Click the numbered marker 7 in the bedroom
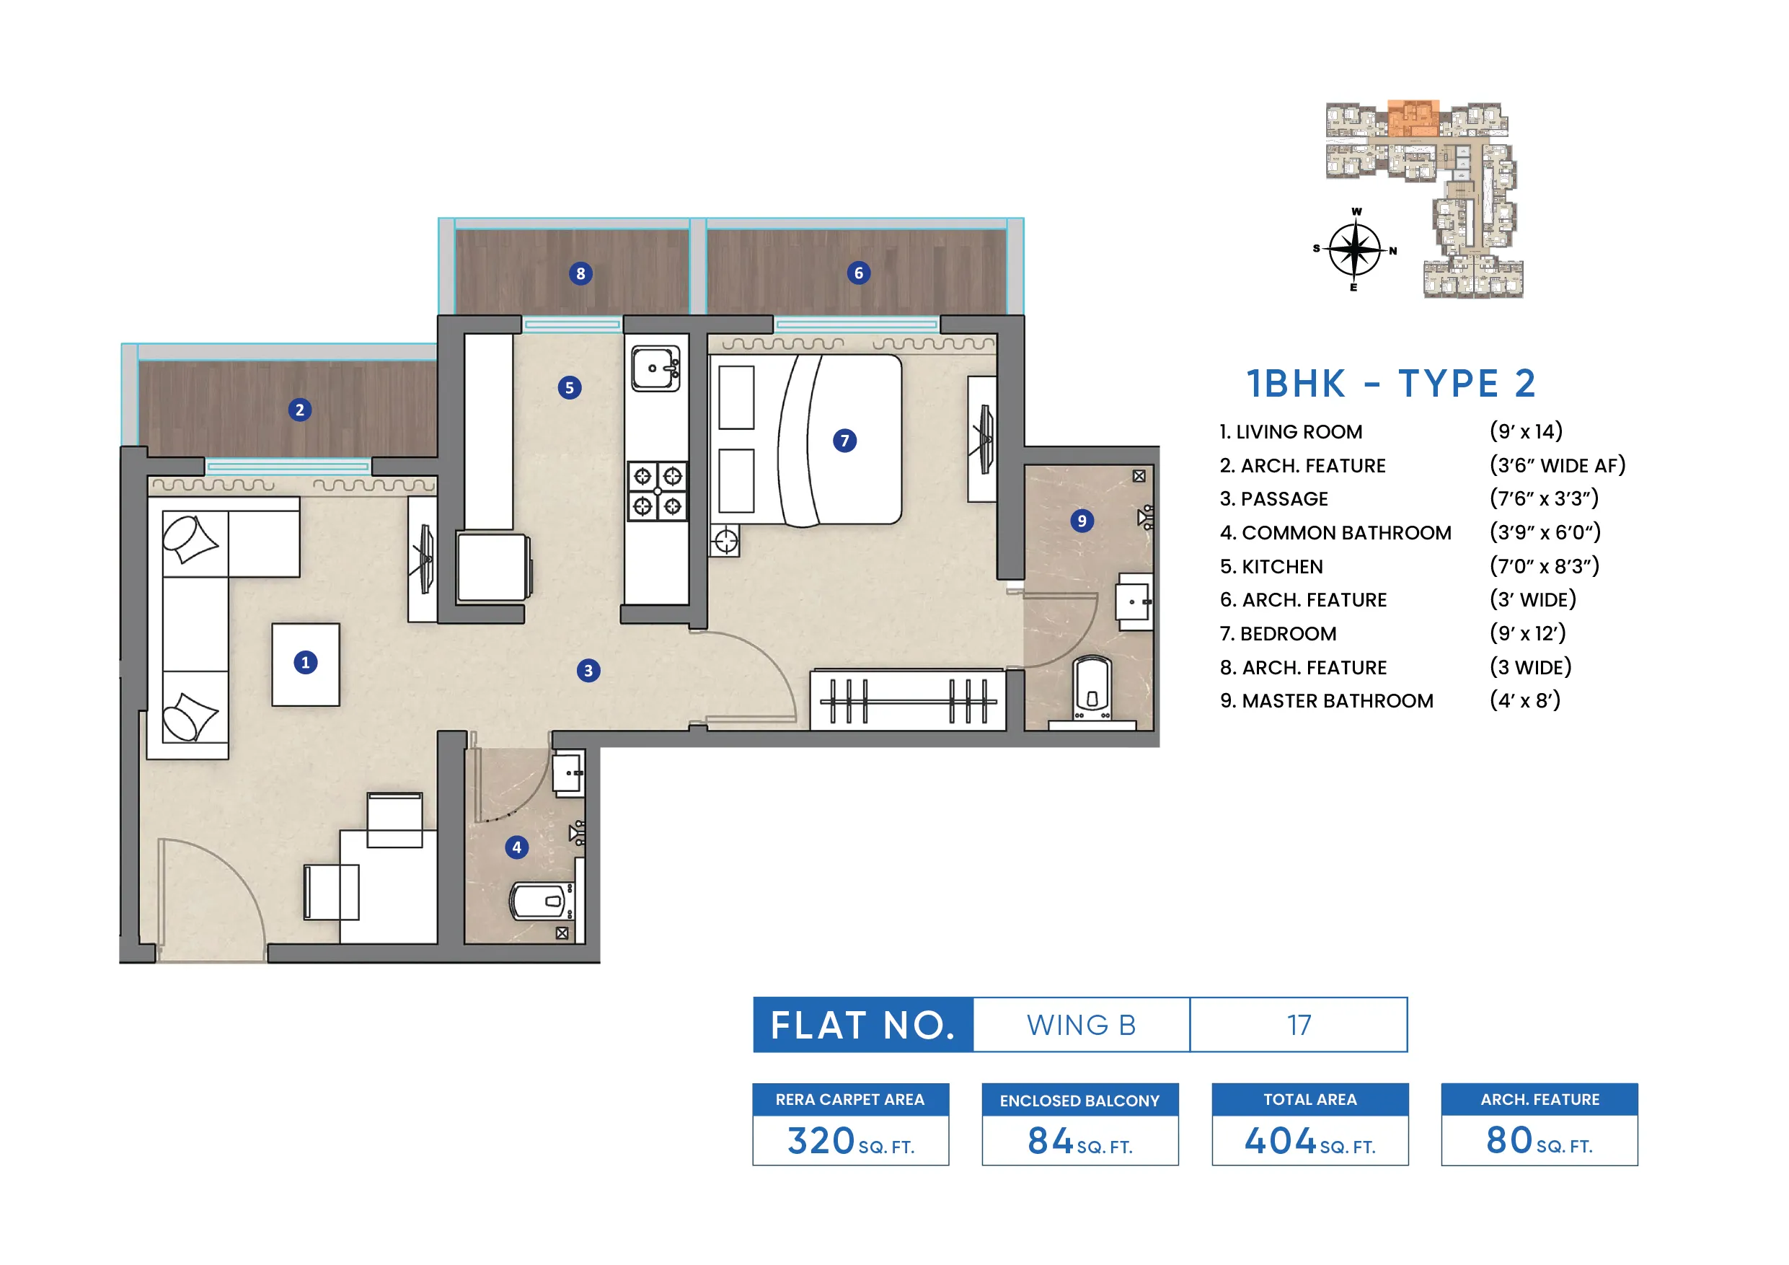844,441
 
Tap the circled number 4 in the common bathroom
516,847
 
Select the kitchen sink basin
655,369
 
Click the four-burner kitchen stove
658,491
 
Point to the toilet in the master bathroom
1091,688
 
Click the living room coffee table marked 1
306,664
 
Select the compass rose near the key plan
1355,250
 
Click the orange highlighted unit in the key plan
1413,118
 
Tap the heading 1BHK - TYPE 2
1391,384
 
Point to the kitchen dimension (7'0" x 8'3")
1544,566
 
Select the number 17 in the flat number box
1299,1025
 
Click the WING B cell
1082,1025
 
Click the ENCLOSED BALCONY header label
1079,1101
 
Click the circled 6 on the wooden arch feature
859,273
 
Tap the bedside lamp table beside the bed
725,540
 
